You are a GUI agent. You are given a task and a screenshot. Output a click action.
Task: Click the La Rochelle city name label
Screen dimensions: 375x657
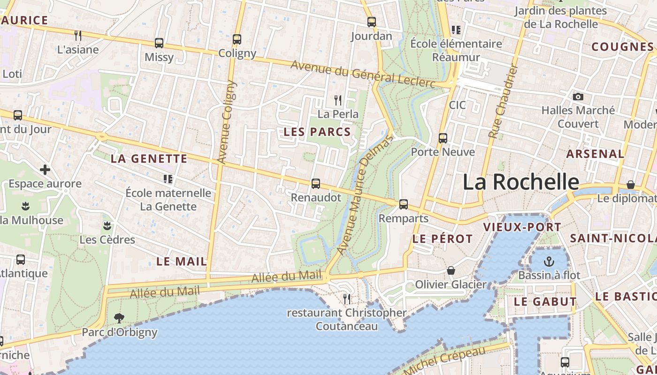coord(521,182)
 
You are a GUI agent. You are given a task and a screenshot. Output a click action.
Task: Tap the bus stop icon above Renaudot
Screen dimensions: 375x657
coord(316,183)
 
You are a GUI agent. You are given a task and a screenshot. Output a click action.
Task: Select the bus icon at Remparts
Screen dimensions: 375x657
coord(403,204)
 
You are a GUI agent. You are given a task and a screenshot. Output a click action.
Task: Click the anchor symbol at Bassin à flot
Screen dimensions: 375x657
coord(549,261)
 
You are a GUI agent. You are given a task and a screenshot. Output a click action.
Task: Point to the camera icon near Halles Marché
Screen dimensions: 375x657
coord(578,97)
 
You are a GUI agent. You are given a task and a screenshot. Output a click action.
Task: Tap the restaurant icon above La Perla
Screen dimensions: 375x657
coord(337,100)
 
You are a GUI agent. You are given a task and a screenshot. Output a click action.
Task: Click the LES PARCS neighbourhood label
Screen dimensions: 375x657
coord(317,132)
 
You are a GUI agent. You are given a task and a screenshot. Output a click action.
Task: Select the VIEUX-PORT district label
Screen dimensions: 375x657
coord(522,227)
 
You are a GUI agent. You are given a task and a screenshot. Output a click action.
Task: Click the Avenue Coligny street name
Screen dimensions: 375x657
coord(227,122)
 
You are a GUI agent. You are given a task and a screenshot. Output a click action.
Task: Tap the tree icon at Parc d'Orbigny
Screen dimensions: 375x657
coord(119,318)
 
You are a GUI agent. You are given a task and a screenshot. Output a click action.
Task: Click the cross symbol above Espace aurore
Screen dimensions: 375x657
coord(45,169)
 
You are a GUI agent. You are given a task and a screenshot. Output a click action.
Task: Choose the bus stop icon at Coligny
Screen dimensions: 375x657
coord(237,39)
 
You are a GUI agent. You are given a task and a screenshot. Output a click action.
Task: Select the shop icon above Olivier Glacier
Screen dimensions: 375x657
coord(451,270)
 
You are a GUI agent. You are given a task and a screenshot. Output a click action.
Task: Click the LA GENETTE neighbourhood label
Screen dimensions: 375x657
coord(149,159)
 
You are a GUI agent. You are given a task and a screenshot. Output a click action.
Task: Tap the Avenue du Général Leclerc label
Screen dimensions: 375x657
coord(363,74)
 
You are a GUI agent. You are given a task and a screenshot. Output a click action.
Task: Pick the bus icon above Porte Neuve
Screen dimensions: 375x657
coord(443,138)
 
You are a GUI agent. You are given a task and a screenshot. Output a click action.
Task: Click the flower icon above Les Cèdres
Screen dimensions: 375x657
coord(107,225)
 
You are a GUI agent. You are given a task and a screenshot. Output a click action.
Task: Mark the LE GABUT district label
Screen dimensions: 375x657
coord(545,302)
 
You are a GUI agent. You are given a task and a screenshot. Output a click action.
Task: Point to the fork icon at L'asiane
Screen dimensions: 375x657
coord(78,36)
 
